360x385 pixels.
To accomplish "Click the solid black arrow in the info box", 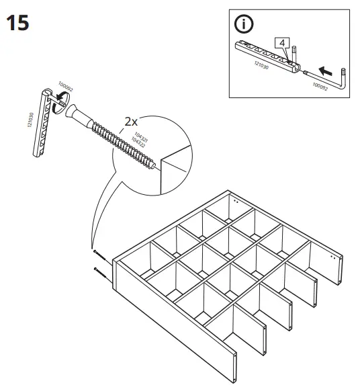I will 326,69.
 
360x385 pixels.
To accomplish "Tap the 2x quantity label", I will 130,122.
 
